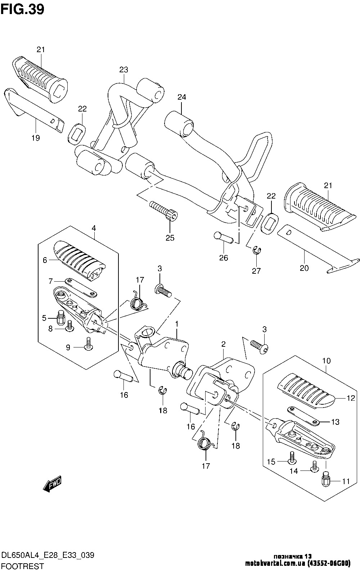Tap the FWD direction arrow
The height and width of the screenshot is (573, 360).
(53, 484)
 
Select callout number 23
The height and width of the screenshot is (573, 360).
(124, 69)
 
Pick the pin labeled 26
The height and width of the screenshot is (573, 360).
(224, 238)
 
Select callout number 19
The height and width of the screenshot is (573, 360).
(36, 138)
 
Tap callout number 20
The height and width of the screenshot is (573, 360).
(304, 268)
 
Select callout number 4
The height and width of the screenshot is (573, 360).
(94, 228)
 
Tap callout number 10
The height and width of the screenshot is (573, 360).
(326, 360)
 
